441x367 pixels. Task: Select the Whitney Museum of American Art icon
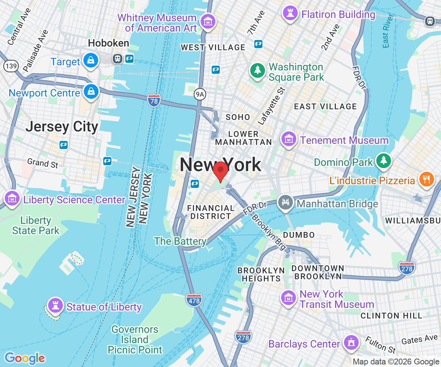point(208,22)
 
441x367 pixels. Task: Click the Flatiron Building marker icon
point(290,14)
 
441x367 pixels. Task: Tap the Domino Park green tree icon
point(383,160)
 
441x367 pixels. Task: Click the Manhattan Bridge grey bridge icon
point(286,201)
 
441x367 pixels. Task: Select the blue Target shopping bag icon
point(90,60)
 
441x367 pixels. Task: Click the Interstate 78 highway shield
point(154,100)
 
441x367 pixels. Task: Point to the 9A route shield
point(200,95)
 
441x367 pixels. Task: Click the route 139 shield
point(11,66)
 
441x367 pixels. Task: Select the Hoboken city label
point(108,43)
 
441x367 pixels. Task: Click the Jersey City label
point(62,127)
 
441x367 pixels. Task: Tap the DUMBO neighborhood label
point(299,235)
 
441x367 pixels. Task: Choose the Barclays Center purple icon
point(351,342)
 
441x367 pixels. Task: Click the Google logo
point(25,358)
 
